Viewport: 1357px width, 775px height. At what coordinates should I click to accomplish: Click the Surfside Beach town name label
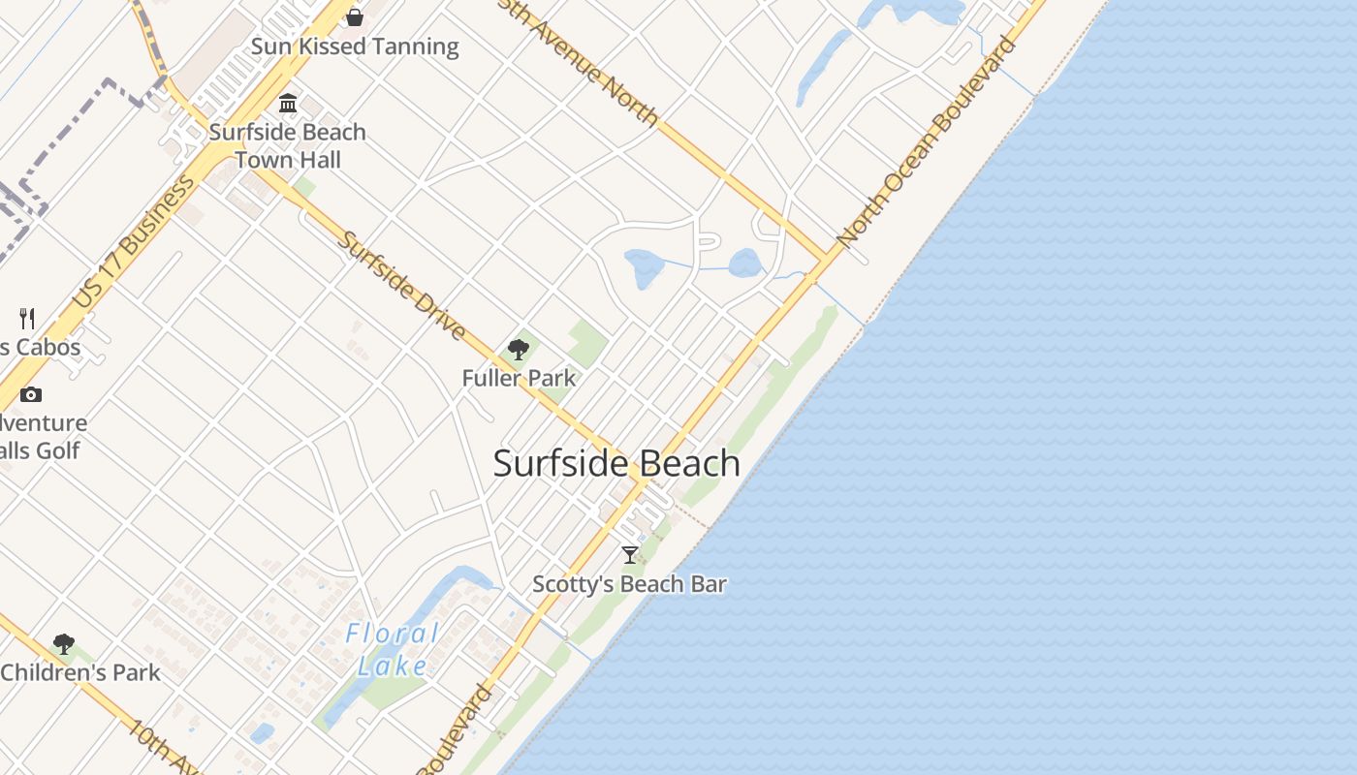[616, 463]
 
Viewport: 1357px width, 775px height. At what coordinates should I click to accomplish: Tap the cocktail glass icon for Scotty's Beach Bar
[630, 555]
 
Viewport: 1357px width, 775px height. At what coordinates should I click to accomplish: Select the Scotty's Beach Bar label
[629, 584]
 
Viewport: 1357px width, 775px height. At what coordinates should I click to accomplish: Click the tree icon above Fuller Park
[519, 350]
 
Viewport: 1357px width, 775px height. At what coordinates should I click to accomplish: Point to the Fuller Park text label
[519, 378]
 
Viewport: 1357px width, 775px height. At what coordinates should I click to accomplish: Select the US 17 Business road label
[133, 244]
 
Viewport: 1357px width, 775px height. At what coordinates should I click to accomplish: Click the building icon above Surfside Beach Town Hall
[288, 104]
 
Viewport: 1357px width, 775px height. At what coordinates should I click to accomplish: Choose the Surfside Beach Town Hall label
[288, 145]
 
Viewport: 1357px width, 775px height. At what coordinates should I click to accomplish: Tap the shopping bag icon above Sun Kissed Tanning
[355, 17]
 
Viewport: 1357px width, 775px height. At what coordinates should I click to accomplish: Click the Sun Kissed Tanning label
[355, 46]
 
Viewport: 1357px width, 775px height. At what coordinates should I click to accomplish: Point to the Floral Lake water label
[393, 649]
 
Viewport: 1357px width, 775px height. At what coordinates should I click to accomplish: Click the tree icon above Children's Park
[64, 644]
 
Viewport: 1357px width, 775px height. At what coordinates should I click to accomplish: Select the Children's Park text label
[80, 672]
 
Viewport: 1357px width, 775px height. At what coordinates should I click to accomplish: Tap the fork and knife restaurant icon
[27, 318]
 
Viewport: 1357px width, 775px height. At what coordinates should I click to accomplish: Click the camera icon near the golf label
[31, 394]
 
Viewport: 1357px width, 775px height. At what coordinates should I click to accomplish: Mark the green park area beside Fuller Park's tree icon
[587, 342]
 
